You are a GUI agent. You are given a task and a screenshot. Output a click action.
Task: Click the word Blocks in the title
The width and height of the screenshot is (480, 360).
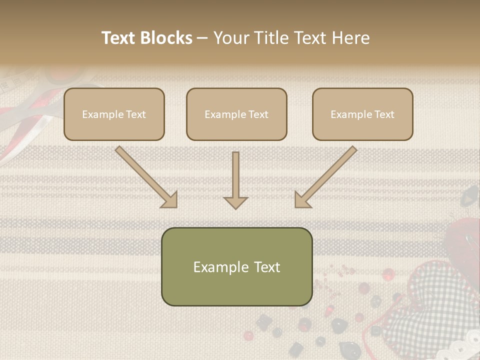point(166,38)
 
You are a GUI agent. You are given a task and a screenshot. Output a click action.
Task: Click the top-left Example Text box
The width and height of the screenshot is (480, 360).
point(114,114)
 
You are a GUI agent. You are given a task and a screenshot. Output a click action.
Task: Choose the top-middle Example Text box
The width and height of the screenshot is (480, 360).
point(236,114)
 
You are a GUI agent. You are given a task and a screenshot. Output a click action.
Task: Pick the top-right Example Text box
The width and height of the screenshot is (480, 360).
point(362,114)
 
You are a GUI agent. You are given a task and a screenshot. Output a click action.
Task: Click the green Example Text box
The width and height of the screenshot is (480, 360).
point(236,266)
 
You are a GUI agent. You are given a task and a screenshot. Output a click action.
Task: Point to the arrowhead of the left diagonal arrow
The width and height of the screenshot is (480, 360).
point(169,199)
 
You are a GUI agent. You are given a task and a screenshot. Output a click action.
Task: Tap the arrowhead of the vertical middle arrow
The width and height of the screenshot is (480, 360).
point(235,202)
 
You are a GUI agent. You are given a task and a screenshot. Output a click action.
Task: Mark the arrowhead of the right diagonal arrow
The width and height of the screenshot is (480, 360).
point(302,199)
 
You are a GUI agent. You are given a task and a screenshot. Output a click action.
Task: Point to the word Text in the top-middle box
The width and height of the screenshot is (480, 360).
point(258,114)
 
